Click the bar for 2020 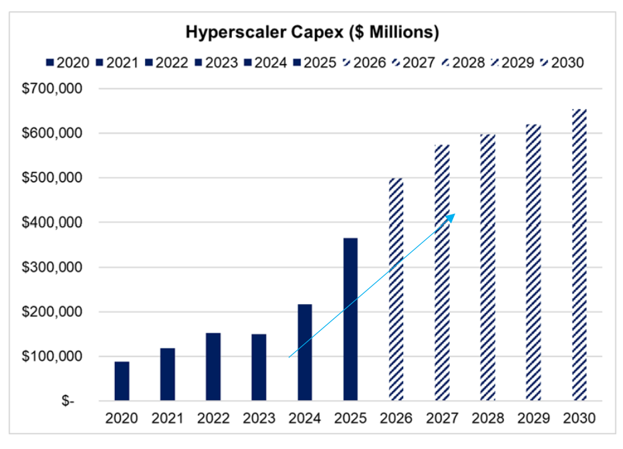click(122, 382)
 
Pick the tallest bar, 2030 click(579, 255)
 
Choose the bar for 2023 click(259, 367)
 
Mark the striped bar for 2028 click(488, 267)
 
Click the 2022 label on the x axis click(213, 418)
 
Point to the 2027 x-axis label click(442, 418)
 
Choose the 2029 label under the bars click(533, 418)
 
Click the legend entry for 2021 click(116, 63)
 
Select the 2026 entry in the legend click(364, 63)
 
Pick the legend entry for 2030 click(562, 63)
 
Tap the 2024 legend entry click(265, 63)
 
